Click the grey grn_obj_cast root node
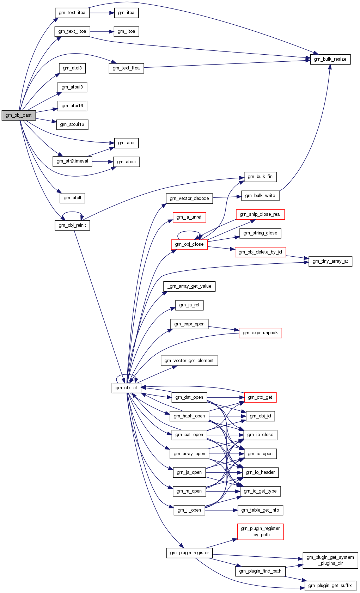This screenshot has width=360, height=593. click(19, 115)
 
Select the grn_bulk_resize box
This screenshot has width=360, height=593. click(330, 59)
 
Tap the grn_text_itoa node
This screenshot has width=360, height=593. click(72, 13)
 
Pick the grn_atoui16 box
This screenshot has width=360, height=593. click(72, 124)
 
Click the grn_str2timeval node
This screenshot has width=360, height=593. click(72, 161)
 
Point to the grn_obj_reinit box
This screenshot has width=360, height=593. click(72, 225)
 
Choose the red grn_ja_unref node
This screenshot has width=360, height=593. click(189, 217)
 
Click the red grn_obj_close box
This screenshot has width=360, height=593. click(189, 244)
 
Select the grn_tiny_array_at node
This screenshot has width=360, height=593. click(330, 261)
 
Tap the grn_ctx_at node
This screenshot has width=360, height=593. click(126, 388)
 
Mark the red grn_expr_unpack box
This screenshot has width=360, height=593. click(260, 333)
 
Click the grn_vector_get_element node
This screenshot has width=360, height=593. click(189, 361)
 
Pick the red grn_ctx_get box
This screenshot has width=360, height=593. click(260, 397)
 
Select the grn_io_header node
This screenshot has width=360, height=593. click(260, 472)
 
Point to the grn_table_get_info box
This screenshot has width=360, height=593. click(260, 510)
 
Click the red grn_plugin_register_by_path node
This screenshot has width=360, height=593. click(260, 532)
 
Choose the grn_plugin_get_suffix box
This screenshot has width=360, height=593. click(330, 586)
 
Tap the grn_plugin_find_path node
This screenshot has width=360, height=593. click(260, 571)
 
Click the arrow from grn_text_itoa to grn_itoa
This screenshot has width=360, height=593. click(102, 13)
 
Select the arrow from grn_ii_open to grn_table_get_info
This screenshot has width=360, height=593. click(221, 510)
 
